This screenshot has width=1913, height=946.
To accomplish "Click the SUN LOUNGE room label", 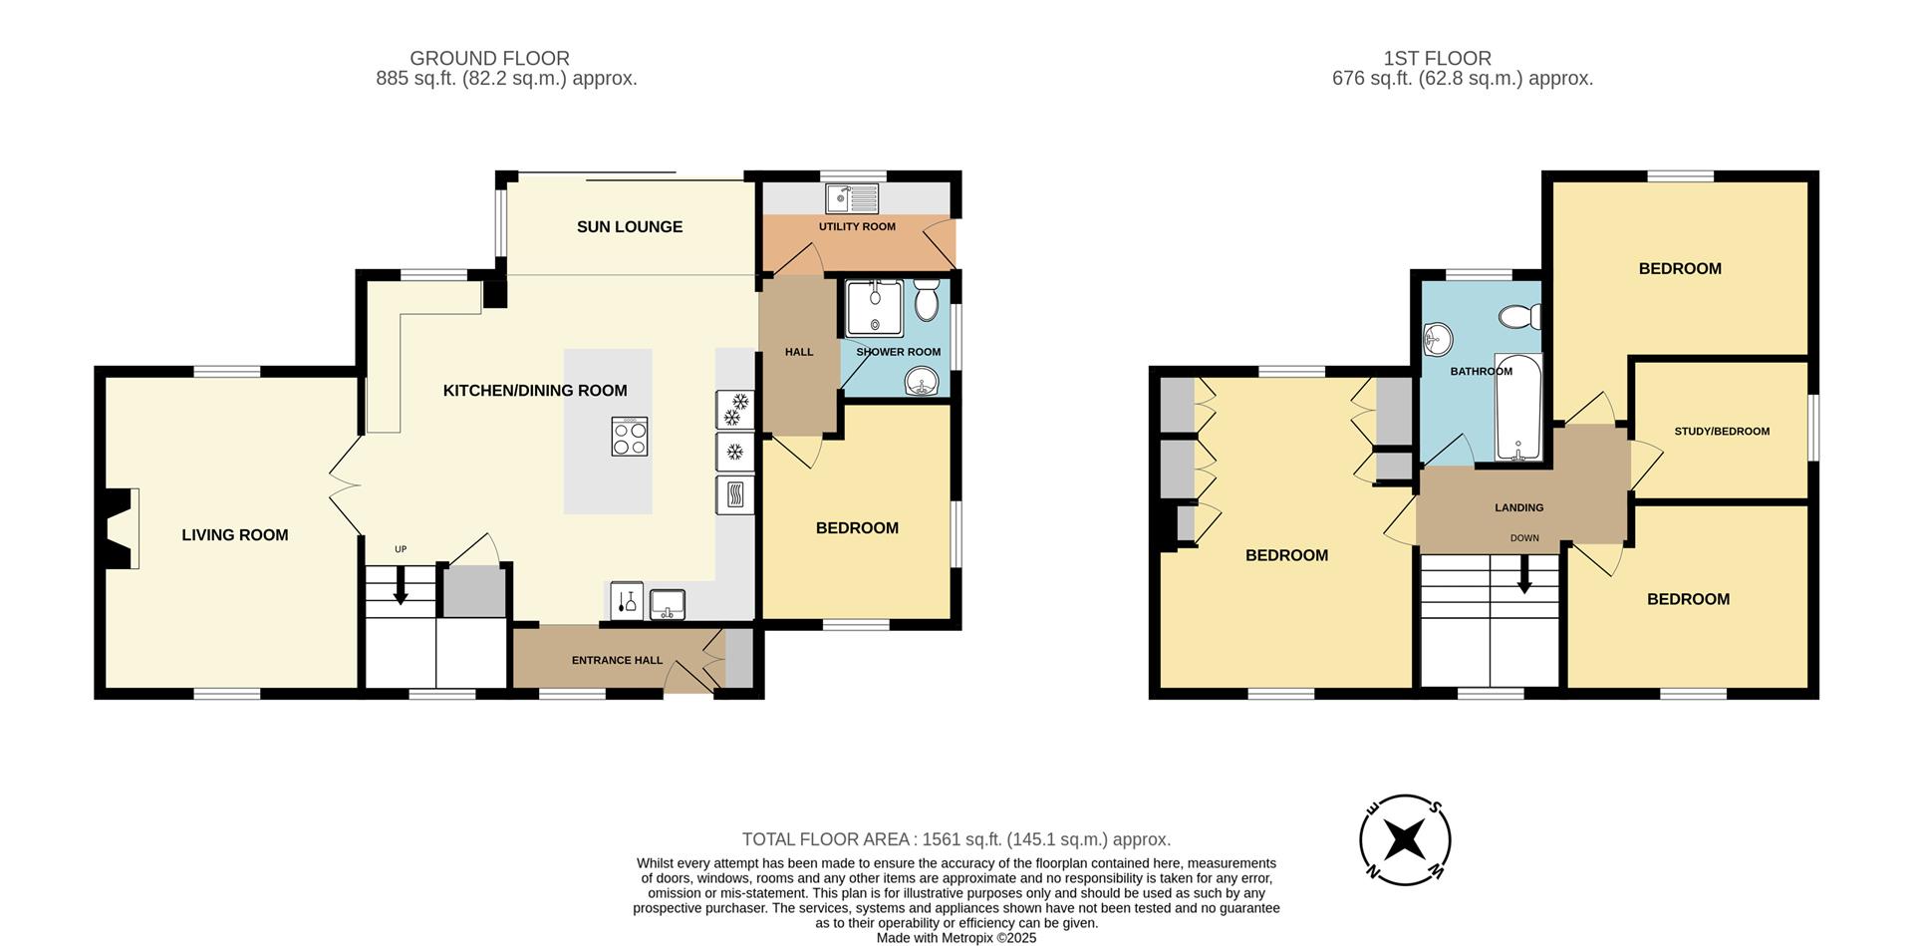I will tap(629, 227).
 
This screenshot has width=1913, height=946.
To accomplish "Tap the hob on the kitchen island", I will tap(629, 437).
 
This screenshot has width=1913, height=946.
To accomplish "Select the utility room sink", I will tap(852, 198).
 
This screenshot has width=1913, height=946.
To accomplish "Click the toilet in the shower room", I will tap(927, 300).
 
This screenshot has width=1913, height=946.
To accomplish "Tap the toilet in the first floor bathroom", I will tap(1521, 317).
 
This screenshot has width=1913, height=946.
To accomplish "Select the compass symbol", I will tap(1405, 840).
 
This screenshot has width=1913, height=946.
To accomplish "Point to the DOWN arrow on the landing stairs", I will tap(1524, 576).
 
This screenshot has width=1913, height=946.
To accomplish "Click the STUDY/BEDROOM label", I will tap(1722, 432).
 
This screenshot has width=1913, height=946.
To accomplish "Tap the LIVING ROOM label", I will tap(235, 535).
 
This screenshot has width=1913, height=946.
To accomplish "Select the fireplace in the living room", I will tap(122, 529).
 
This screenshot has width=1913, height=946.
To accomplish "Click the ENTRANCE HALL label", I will tap(617, 660).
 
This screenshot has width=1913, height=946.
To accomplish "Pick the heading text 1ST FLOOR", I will tap(1437, 59).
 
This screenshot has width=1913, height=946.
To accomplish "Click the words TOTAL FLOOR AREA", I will tap(828, 839).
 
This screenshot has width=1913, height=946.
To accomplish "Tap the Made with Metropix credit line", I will tap(956, 938).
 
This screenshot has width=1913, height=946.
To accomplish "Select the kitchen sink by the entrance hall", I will tap(668, 604).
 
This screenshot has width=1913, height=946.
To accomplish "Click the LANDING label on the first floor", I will tap(1518, 507).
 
